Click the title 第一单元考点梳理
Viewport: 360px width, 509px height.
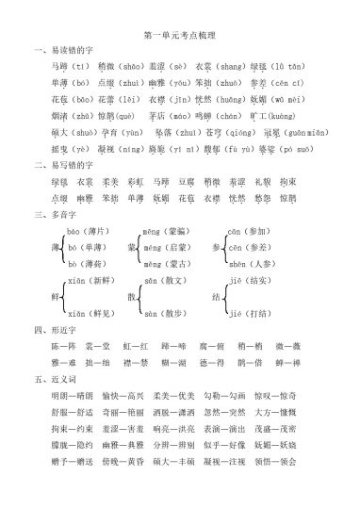179,33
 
